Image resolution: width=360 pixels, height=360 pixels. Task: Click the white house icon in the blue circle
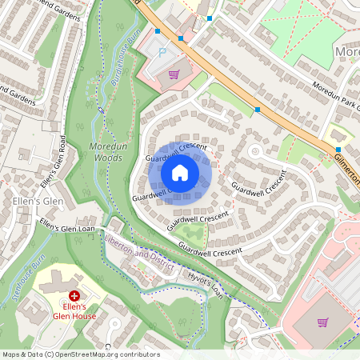click(x=180, y=172)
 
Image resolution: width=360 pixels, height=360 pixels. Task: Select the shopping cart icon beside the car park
click(x=174, y=74)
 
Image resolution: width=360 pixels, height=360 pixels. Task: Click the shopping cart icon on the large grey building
click(x=322, y=322)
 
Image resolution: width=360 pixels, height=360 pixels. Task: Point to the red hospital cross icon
click(x=74, y=296)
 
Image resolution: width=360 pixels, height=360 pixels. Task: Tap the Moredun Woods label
click(x=106, y=153)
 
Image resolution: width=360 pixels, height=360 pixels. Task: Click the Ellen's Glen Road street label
click(x=57, y=158)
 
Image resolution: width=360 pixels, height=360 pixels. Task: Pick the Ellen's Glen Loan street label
click(x=67, y=228)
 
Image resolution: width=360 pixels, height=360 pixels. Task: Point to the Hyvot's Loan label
click(x=206, y=284)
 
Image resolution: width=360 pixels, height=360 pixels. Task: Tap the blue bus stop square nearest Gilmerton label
click(x=338, y=149)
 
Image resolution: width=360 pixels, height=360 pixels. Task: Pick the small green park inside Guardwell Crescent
click(x=194, y=234)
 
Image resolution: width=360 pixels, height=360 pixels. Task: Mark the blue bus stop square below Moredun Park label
click(x=258, y=109)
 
